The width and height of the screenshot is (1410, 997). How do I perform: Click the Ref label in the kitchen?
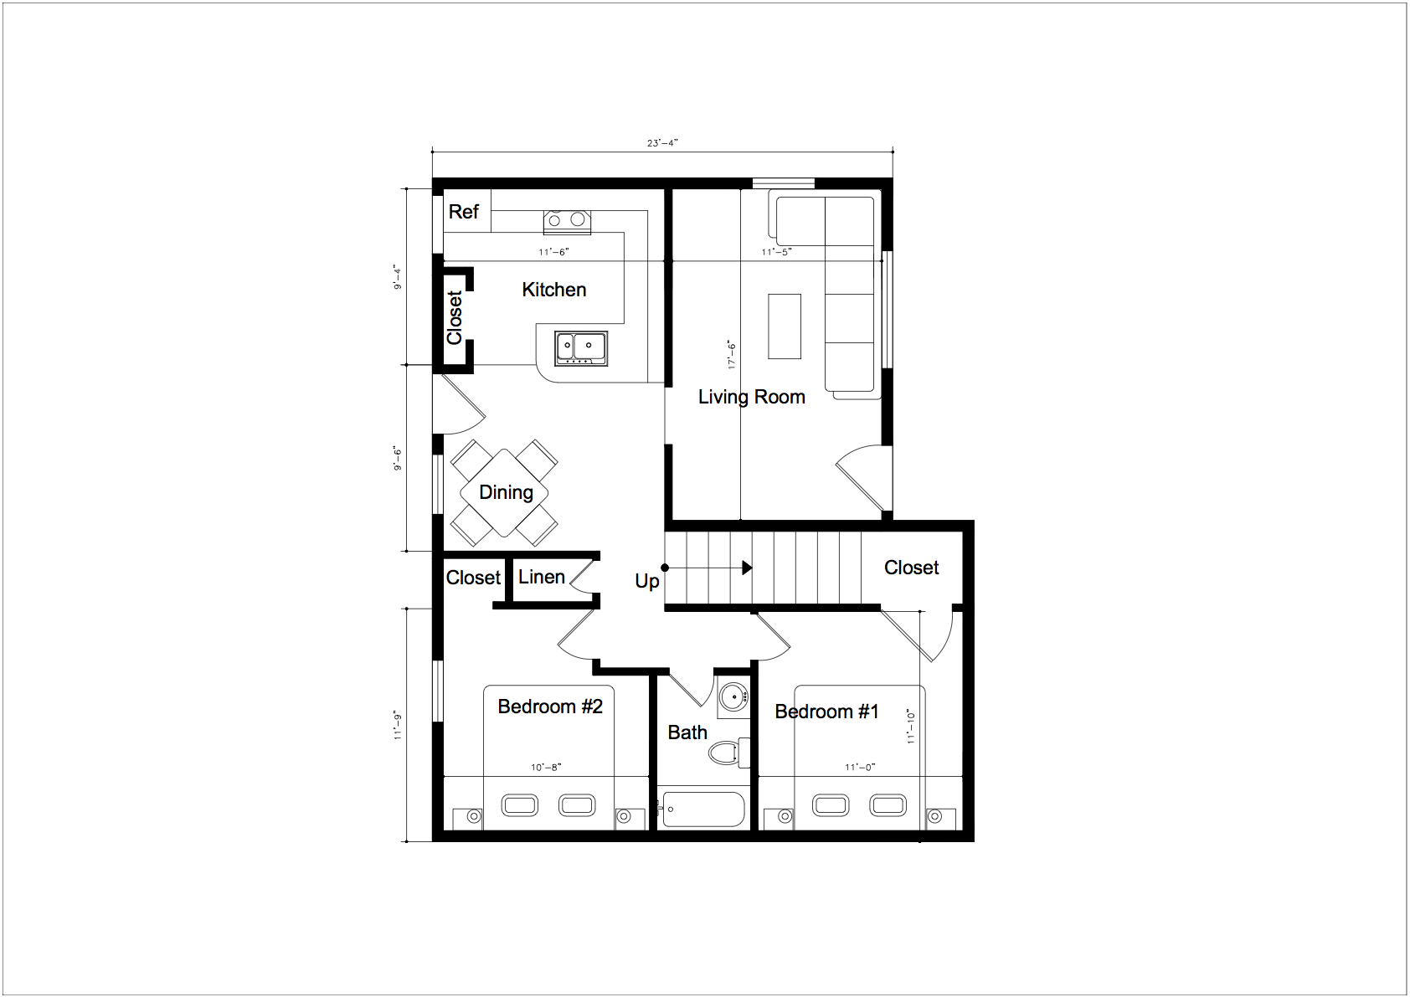click(463, 212)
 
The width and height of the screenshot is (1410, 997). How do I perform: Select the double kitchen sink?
click(581, 348)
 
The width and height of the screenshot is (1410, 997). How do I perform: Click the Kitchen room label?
click(554, 290)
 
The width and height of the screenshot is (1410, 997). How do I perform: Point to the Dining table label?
click(506, 492)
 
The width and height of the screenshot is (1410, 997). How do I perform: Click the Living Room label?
click(752, 397)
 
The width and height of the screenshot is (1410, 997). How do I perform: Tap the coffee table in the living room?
click(785, 326)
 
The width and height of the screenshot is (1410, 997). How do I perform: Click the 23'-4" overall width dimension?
click(662, 143)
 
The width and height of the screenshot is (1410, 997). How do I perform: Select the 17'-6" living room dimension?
click(732, 354)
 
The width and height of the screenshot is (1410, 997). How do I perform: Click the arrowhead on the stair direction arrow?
click(747, 568)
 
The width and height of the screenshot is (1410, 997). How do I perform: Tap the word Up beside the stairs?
click(647, 581)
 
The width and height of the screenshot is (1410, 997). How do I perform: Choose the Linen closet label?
click(542, 577)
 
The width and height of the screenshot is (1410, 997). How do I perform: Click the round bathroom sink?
click(733, 697)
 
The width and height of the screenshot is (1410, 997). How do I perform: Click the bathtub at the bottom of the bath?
click(703, 809)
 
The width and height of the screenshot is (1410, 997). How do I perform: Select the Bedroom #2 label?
click(550, 707)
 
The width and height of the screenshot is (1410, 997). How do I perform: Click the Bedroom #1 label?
click(826, 712)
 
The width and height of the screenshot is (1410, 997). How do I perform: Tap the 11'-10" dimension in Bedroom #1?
click(910, 727)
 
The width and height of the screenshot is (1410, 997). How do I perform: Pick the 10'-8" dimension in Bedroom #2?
click(546, 768)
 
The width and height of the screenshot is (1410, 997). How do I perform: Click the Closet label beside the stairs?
click(912, 568)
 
